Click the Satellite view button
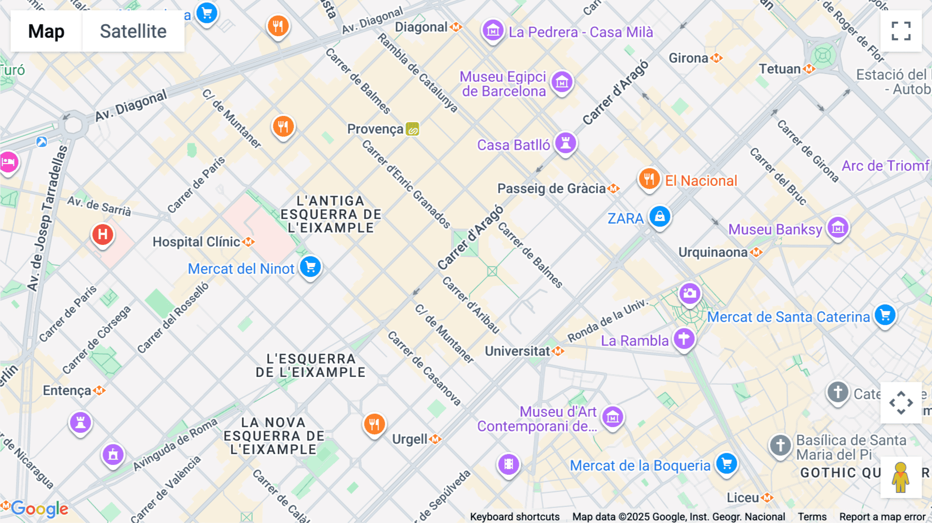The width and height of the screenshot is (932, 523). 133,31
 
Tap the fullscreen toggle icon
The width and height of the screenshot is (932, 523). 901,31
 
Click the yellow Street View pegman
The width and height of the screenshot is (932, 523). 901,477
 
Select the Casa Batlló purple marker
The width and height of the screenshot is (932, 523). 565,143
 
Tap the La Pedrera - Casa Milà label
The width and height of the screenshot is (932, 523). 580,32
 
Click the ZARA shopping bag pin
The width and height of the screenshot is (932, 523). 660,216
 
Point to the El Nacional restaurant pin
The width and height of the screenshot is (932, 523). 649,179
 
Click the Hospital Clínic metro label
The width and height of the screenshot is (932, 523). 197,242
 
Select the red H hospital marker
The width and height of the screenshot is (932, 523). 103,235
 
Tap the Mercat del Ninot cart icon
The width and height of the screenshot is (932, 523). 311,267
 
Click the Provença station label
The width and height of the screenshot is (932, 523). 375,129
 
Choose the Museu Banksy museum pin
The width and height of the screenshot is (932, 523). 838,227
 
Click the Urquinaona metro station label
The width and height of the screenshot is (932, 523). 713,252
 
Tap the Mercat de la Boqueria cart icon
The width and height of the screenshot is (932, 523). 726,463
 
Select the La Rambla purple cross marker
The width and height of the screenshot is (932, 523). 684,339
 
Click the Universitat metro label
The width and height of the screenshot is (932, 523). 517,351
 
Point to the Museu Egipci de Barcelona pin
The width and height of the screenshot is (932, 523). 562,81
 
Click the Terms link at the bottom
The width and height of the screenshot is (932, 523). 812,517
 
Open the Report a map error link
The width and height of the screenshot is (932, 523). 882,517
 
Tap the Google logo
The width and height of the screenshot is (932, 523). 39,509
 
